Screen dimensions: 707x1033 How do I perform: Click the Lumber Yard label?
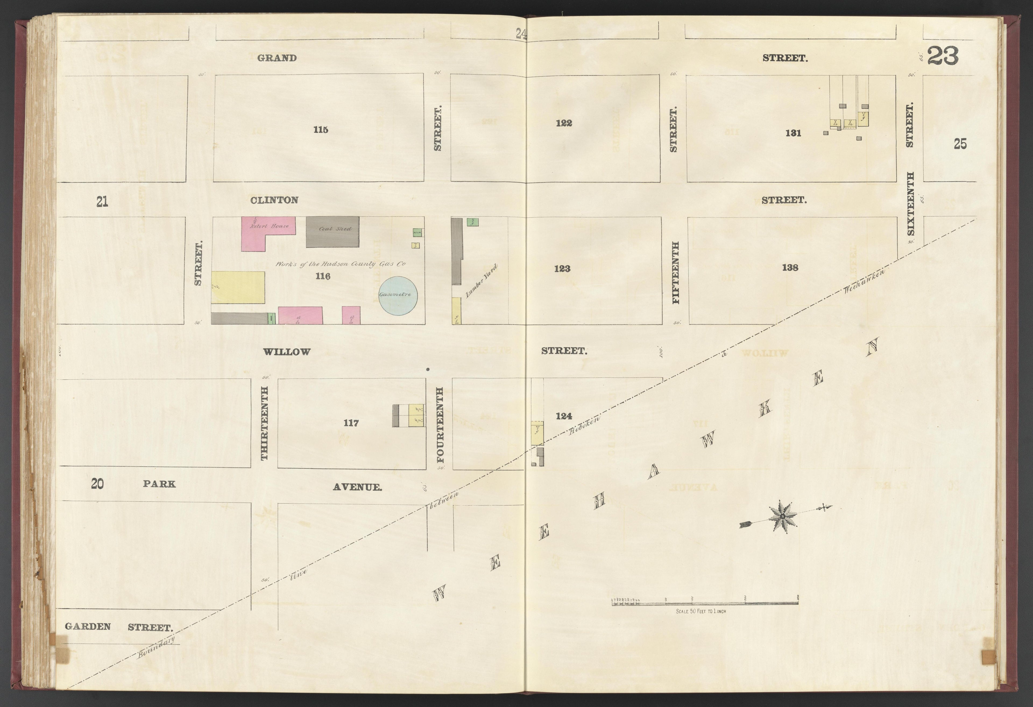[480, 281]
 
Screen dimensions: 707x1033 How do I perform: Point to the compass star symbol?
[781, 516]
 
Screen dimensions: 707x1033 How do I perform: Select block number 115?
[320, 129]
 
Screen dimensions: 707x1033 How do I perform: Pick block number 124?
[564, 416]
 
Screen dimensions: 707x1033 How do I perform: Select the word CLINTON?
[274, 200]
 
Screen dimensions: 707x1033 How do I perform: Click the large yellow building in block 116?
[238, 287]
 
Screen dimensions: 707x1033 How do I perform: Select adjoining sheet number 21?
[102, 202]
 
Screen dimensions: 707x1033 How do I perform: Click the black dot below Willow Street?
[428, 369]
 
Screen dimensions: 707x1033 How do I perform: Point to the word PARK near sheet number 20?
[159, 484]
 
